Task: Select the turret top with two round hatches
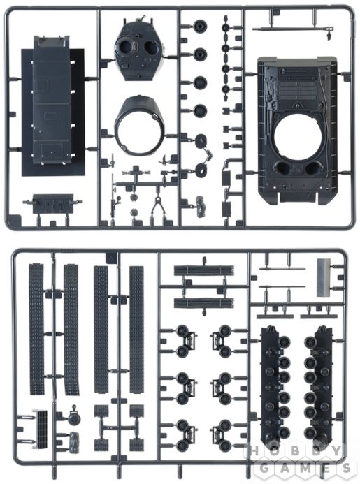tap(138, 51)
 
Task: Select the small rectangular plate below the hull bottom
tap(53, 203)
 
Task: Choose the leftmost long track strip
tap(36, 329)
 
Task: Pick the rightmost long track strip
tap(136, 330)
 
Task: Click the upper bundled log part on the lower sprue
tap(204, 270)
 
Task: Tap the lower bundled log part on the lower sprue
tap(204, 303)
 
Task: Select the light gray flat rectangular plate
tap(323, 277)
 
